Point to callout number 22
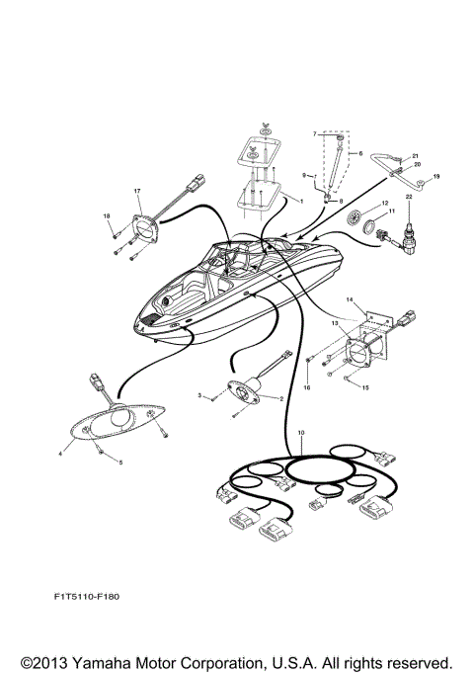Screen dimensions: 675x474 point(408,224)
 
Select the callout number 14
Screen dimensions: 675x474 point(349,297)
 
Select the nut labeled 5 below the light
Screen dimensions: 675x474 point(102,448)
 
